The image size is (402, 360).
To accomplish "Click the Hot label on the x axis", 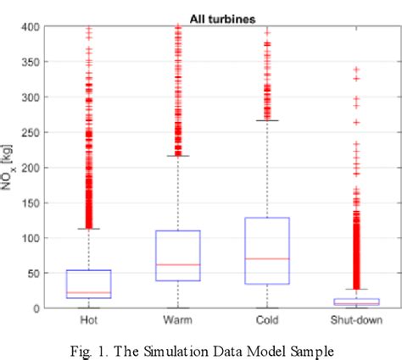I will pyautogui.click(x=89, y=320).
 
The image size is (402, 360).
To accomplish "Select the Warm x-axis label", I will pyautogui.click(x=177, y=320).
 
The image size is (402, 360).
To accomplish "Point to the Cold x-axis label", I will pyautogui.click(x=266, y=320).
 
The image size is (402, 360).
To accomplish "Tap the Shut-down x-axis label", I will pyautogui.click(x=355, y=320).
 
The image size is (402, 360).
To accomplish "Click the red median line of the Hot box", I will pyautogui.click(x=89, y=292).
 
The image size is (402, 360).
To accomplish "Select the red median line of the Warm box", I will pyautogui.click(x=177, y=264).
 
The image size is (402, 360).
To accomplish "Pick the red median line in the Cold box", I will pyautogui.click(x=266, y=258).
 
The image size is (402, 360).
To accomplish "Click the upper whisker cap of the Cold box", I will pyautogui.click(x=266, y=121).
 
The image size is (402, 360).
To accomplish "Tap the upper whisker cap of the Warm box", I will pyautogui.click(x=177, y=156).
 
